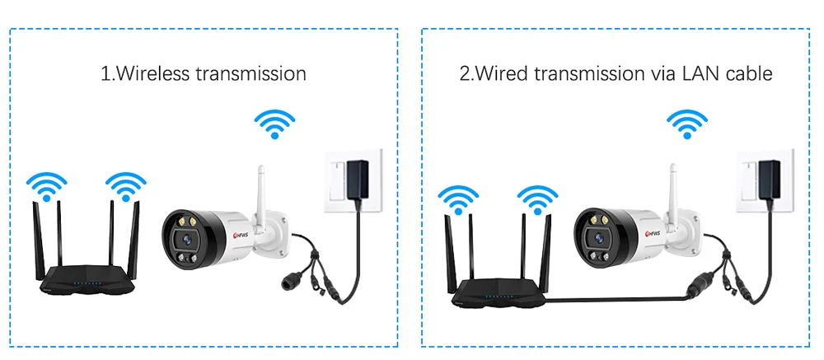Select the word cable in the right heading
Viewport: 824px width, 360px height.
(x=748, y=73)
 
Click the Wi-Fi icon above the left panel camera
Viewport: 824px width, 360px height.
(x=275, y=124)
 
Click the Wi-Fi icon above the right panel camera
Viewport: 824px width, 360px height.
(x=687, y=124)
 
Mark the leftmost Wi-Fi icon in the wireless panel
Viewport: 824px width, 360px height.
(x=46, y=186)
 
